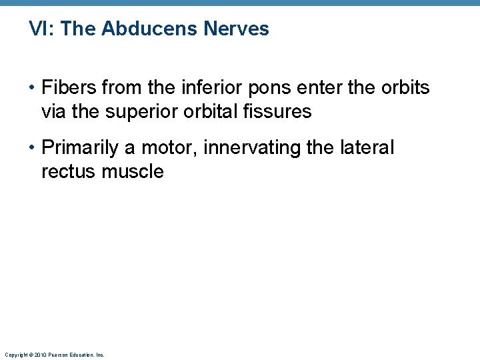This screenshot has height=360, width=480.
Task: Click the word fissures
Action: point(280,111)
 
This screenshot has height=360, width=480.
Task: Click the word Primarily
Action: point(80,147)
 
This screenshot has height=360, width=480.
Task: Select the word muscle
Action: point(133,171)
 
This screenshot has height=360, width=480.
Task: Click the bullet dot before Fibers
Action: point(33,88)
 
